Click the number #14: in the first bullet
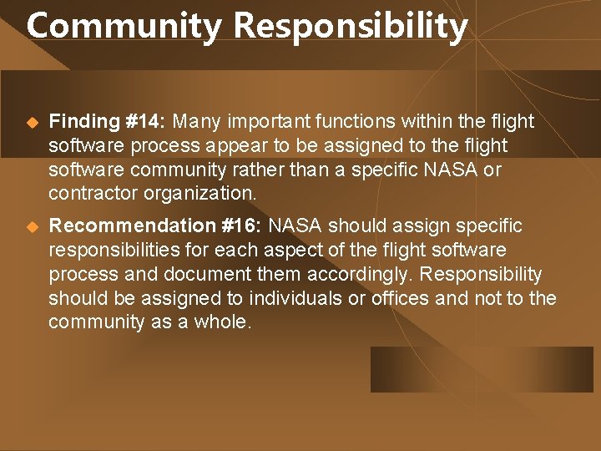point(145,122)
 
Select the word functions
point(340,122)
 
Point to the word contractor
point(88,195)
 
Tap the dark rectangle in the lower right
point(482,369)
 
